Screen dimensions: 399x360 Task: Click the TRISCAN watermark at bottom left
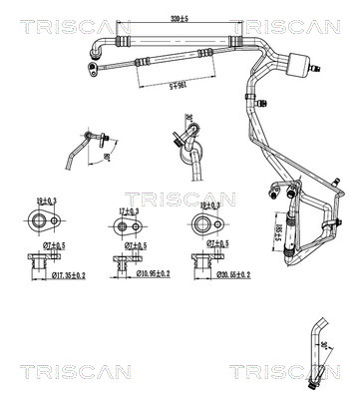coord(44,371)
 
